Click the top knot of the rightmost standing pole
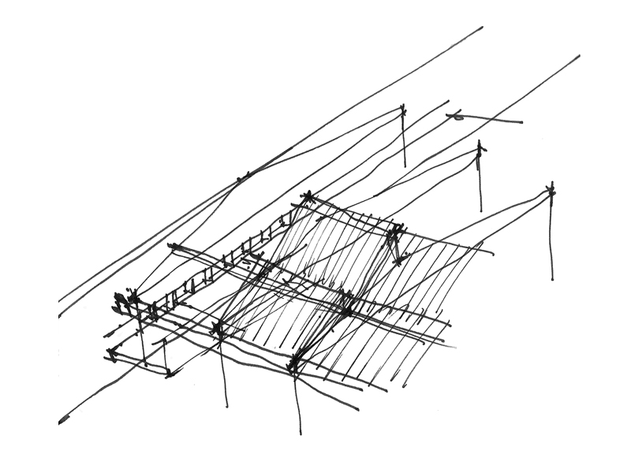click(x=551, y=189)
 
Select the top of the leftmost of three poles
click(x=402, y=110)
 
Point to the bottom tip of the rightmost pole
click(x=551, y=279)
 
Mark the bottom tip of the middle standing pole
click(x=480, y=210)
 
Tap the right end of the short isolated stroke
click(x=521, y=122)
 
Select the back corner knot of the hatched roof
click(x=308, y=197)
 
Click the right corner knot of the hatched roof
click(x=395, y=231)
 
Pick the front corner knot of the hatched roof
click(x=294, y=364)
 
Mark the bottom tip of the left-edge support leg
click(x=226, y=406)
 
